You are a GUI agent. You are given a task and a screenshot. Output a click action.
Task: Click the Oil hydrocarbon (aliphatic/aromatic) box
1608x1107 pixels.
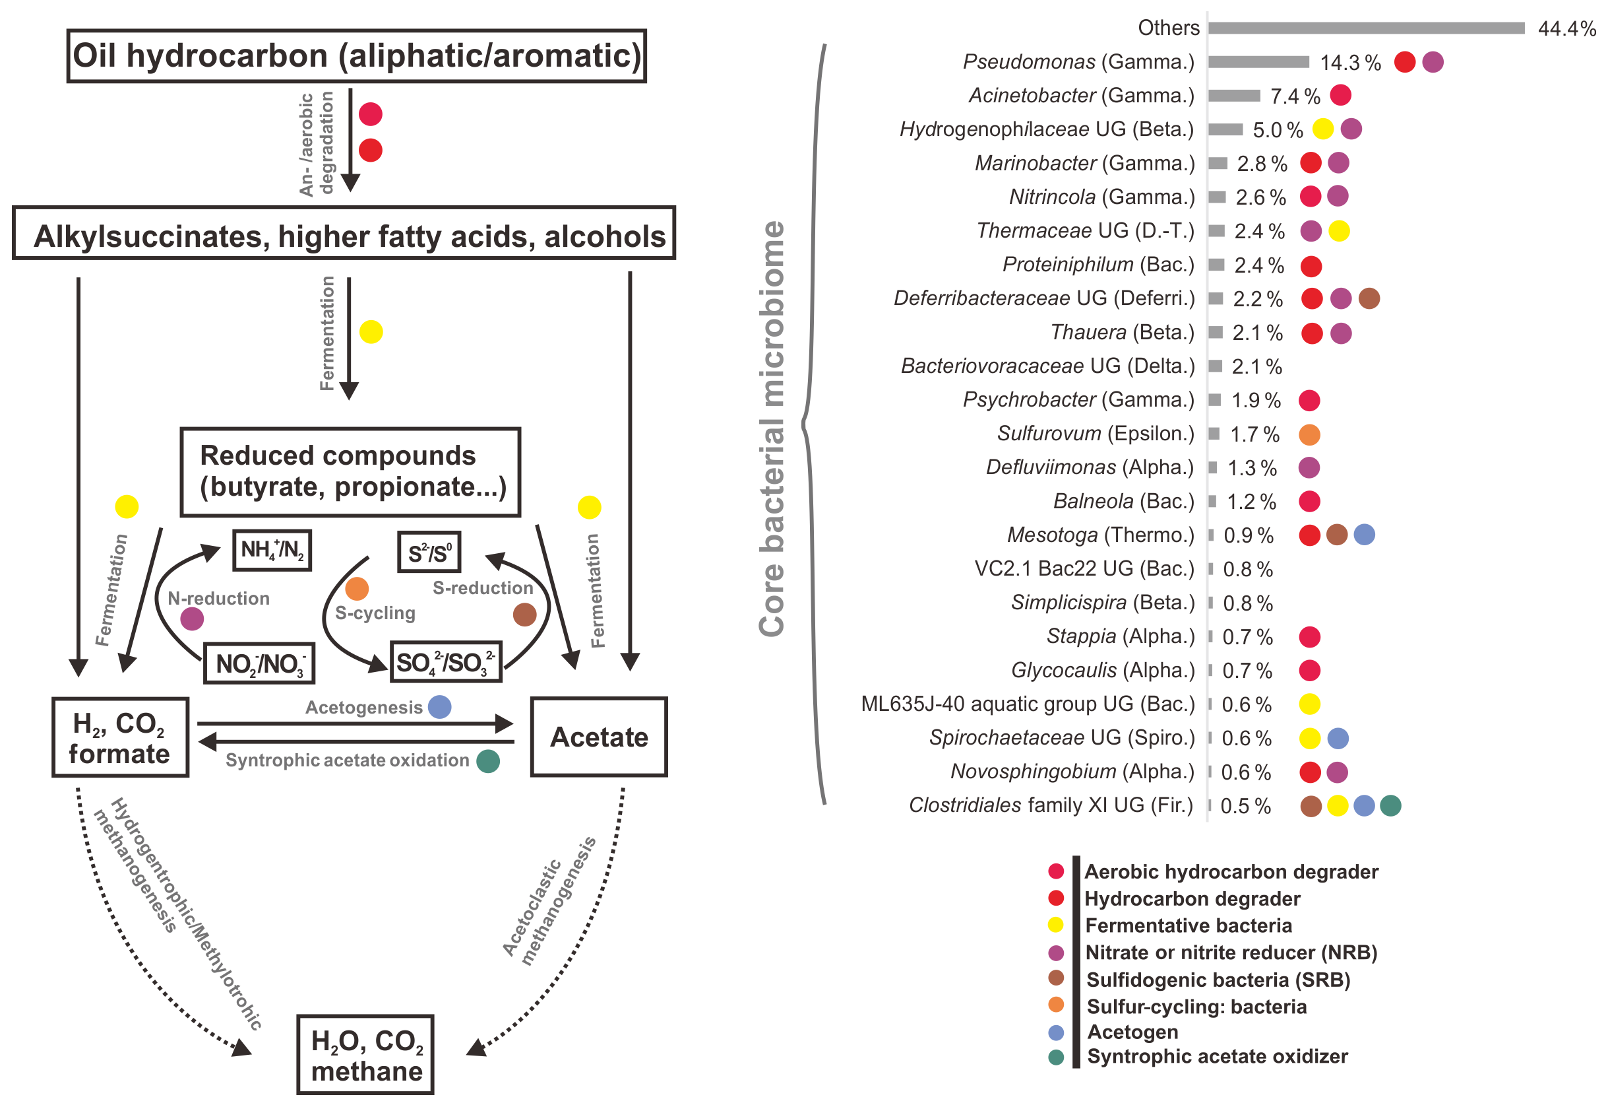356,56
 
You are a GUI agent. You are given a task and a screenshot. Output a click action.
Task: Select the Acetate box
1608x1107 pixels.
599,737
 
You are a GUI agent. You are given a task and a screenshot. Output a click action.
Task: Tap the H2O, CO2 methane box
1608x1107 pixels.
365,1055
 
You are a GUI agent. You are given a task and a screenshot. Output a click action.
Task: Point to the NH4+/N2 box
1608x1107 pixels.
272,551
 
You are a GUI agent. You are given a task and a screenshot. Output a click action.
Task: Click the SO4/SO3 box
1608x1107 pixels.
446,662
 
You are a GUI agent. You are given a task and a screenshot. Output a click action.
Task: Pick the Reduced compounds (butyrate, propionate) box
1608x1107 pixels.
350,472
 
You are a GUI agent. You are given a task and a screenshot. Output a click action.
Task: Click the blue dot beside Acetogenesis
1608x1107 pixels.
439,708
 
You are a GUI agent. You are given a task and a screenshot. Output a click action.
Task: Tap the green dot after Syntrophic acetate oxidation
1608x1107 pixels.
488,761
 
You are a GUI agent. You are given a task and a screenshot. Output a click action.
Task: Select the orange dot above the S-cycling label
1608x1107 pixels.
357,589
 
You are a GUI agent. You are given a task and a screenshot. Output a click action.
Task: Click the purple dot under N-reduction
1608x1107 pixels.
192,619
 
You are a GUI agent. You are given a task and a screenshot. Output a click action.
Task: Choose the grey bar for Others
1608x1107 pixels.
1365,28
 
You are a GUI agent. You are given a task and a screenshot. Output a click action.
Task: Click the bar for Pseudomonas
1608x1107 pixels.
1258,63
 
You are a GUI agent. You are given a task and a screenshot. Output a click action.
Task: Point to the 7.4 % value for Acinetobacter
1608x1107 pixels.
1294,96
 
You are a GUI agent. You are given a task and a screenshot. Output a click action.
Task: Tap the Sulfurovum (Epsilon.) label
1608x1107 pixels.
1095,434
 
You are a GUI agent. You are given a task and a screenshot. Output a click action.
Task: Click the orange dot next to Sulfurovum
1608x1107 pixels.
1309,435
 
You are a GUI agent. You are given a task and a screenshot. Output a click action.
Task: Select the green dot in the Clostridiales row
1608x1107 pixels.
1390,805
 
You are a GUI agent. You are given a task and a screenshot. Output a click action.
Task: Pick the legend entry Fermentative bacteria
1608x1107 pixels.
1188,925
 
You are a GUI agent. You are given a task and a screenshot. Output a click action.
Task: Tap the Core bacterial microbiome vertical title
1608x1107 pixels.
772,428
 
